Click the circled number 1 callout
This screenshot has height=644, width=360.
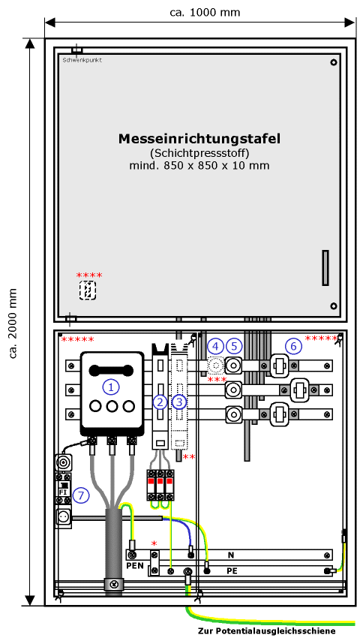coord(110,386)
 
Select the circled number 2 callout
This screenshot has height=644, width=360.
coord(160,402)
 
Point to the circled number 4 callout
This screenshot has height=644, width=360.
coord(215,346)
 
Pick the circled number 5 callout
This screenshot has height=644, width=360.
coord(235,346)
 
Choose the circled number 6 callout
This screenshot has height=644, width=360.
coord(293,346)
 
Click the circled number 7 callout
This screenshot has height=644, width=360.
coord(81,495)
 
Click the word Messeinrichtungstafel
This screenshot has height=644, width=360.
coord(199,139)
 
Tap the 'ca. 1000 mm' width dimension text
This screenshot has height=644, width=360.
coord(205,12)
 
